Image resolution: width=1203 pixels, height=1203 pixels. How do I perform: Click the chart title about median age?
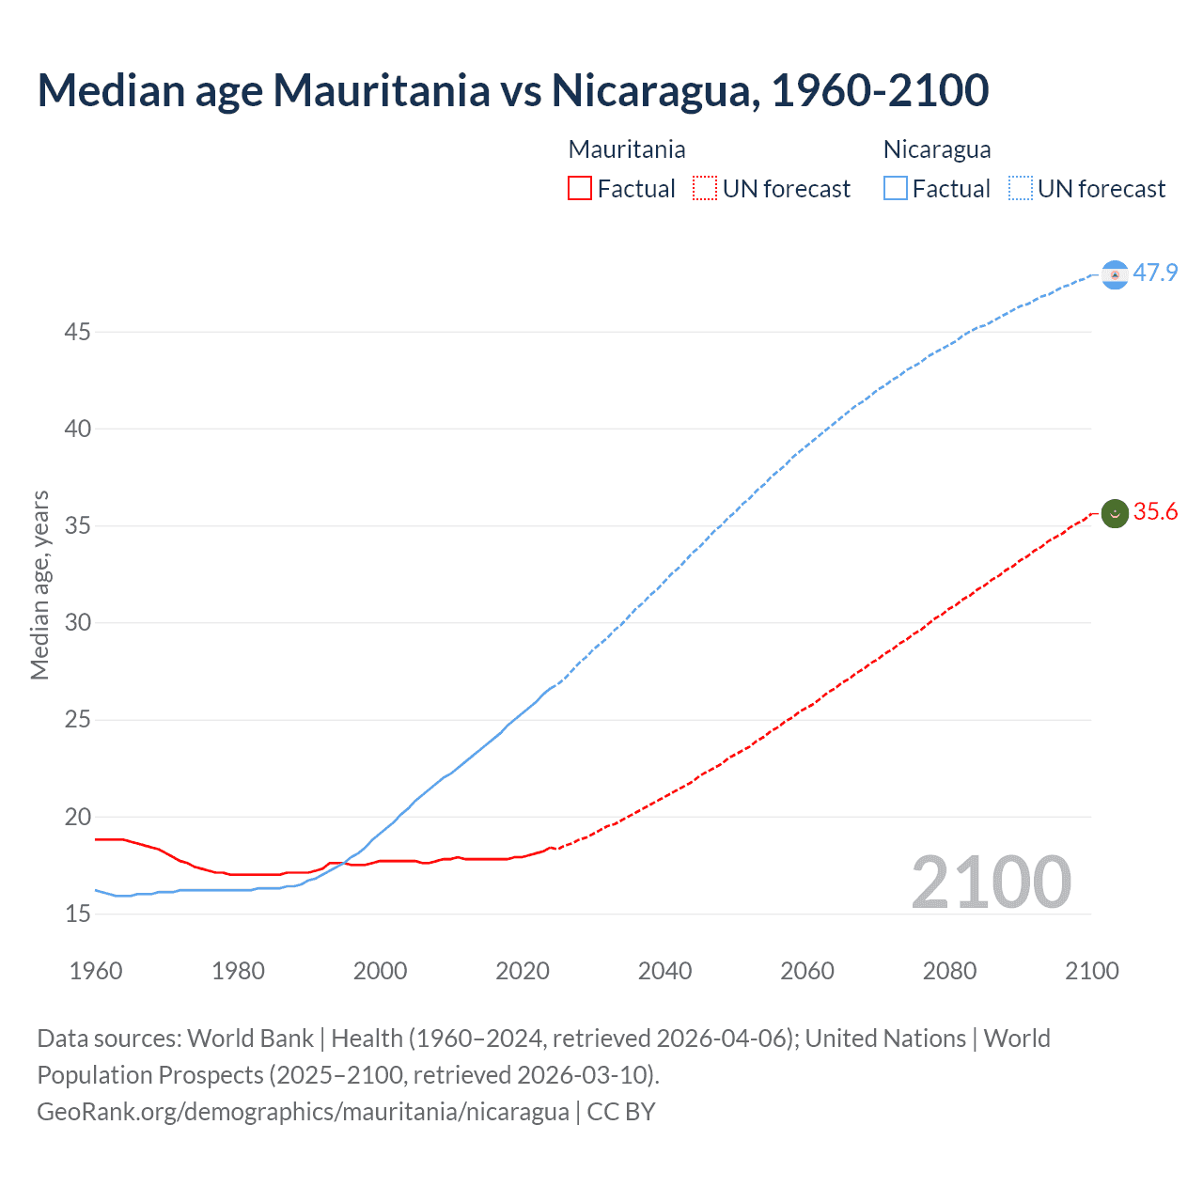click(512, 90)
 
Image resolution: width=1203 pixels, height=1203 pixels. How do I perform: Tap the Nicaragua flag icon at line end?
click(1115, 274)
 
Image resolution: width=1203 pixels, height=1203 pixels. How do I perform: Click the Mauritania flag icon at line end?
click(1115, 513)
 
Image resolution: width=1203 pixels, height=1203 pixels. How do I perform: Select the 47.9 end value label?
click(1155, 273)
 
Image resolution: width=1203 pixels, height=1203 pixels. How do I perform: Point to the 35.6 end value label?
click(1155, 511)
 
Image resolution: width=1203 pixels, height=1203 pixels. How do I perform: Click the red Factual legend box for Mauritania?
click(580, 189)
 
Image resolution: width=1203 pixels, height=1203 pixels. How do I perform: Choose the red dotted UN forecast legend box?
click(705, 189)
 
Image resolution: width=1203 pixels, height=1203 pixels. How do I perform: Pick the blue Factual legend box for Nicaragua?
click(896, 189)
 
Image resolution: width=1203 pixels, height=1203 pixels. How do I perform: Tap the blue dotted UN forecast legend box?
click(1021, 189)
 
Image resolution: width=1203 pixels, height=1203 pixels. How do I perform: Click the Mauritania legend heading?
click(627, 149)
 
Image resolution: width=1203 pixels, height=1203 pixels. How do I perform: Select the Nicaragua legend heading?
click(937, 149)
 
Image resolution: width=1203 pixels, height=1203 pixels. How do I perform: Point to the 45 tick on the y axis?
click(78, 332)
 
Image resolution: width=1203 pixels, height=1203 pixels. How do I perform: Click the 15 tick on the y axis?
click(78, 914)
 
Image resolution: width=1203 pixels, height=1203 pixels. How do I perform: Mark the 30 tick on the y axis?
click(78, 623)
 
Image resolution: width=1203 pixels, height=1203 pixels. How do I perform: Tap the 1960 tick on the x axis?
click(96, 971)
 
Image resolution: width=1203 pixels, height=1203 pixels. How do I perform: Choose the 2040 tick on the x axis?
click(664, 971)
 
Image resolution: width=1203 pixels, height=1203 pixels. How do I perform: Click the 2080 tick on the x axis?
click(949, 971)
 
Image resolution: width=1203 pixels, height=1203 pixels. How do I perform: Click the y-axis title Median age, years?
click(39, 585)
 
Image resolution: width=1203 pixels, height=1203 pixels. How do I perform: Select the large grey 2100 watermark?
click(991, 883)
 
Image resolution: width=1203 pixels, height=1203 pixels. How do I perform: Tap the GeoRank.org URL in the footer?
click(303, 1112)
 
